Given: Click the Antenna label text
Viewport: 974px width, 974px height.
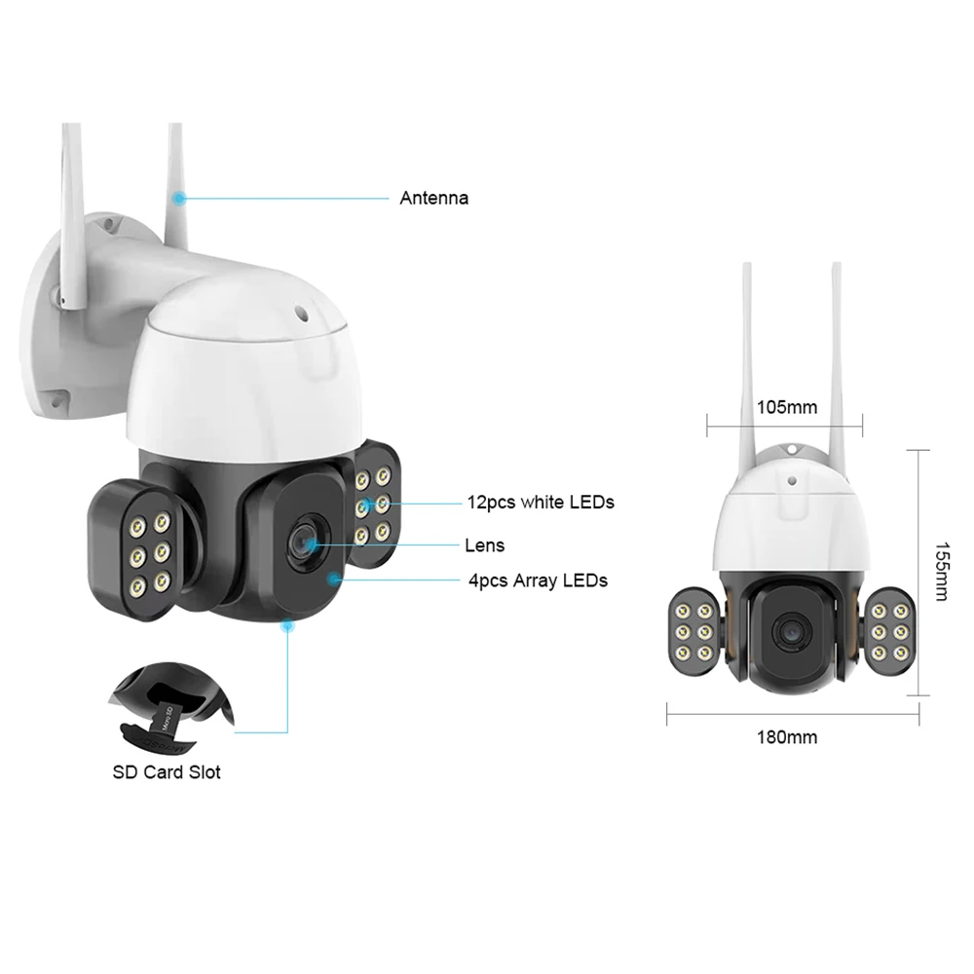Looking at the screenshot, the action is pyautogui.click(x=433, y=198).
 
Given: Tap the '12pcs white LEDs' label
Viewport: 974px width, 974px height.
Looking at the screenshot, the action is pyautogui.click(x=541, y=503).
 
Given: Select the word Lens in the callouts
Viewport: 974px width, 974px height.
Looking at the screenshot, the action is pyautogui.click(x=486, y=545).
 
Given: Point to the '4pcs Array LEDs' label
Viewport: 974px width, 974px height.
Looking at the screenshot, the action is pyautogui.click(x=538, y=581).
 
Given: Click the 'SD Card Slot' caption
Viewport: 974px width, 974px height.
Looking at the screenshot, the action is pyautogui.click(x=165, y=772).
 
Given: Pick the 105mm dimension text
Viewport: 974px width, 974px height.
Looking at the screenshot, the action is pyautogui.click(x=786, y=406).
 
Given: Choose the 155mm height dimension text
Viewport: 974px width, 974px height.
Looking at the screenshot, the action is pyautogui.click(x=940, y=572).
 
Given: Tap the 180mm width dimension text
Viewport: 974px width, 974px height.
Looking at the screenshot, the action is pyautogui.click(x=786, y=736).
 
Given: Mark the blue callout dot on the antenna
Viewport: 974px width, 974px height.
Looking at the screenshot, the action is pyautogui.click(x=180, y=198).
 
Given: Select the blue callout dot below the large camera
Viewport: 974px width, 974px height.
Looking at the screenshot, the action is pyautogui.click(x=287, y=628).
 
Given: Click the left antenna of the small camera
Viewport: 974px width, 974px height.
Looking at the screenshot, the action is pyautogui.click(x=747, y=351).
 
